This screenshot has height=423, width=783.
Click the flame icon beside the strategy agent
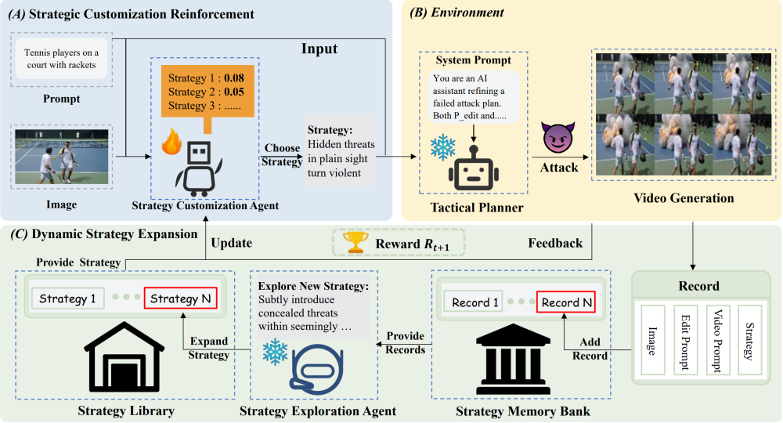coord(171,141)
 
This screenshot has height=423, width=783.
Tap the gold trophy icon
coord(355,242)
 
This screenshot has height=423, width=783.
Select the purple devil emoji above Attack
coord(558,137)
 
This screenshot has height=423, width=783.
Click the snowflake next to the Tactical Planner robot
coord(443,146)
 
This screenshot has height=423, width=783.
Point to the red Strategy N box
coord(180,298)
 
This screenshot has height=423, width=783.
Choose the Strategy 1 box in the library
coord(67,298)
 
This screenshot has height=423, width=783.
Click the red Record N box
coord(566,302)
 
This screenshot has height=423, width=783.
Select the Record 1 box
coord(474,302)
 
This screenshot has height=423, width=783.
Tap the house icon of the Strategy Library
coord(124,356)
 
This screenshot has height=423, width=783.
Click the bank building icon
coord(514,357)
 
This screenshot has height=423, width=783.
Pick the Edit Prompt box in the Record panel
coord(684,340)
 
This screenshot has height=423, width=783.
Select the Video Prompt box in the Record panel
coord(718,340)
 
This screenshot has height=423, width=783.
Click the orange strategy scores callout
coord(207,95)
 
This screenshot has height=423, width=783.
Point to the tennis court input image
coord(61,157)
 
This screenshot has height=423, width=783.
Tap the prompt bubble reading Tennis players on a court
coord(61,59)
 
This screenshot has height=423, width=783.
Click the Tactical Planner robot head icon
coord(474,168)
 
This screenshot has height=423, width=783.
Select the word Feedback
coord(555,243)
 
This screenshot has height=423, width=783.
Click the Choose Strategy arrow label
coord(282,155)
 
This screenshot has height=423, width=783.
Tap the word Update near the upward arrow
coord(231,243)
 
